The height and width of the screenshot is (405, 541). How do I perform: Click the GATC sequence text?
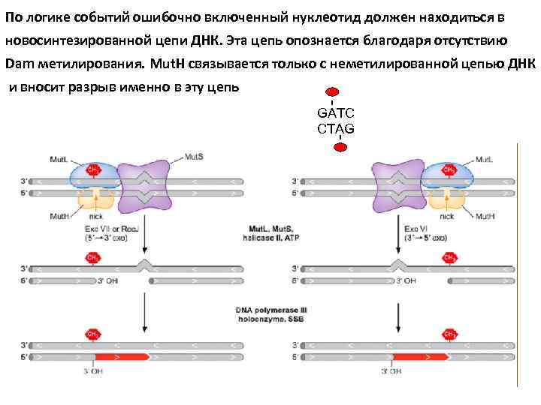tap(335, 112)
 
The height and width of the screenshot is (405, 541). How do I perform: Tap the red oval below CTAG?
tap(340, 147)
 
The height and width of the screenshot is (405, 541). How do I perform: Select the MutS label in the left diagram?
tap(194, 158)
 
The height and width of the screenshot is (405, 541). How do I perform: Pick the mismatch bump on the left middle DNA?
tap(144, 265)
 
